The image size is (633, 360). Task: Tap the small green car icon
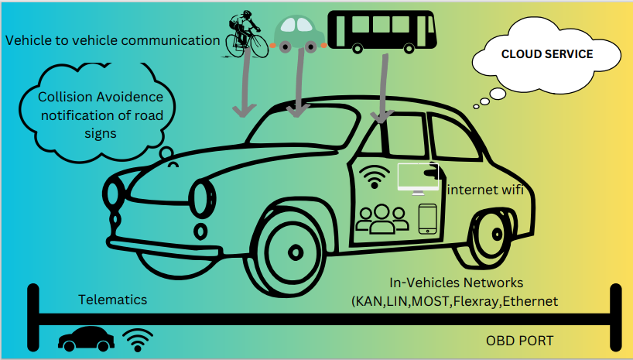pyautogui.click(x=299, y=32)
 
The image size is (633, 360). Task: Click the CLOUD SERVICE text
pyautogui.click(x=547, y=54)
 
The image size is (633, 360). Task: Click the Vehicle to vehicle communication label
pyautogui.click(x=112, y=39)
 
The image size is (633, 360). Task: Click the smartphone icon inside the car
pyautogui.click(x=428, y=219)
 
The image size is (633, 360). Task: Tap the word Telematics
pyautogui.click(x=112, y=300)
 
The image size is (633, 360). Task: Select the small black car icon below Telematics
pyautogui.click(x=87, y=338)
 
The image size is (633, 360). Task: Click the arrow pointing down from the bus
pyautogui.click(x=381, y=85)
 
